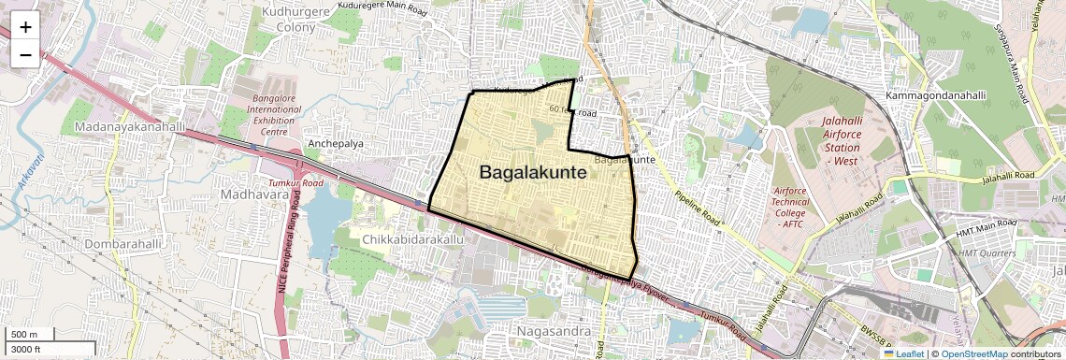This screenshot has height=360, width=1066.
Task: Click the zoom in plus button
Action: pyautogui.click(x=25, y=27)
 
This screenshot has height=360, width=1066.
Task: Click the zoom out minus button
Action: pyautogui.click(x=25, y=55)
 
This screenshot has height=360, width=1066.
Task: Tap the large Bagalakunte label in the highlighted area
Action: pyautogui.click(x=533, y=173)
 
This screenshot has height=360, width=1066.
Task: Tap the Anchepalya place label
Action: pyautogui.click(x=335, y=143)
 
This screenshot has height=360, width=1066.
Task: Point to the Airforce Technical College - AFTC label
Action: pyautogui.click(x=791, y=208)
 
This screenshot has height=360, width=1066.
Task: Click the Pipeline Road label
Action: pyautogui.click(x=697, y=210)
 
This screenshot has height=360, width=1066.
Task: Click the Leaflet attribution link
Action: pyautogui.click(x=903, y=353)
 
